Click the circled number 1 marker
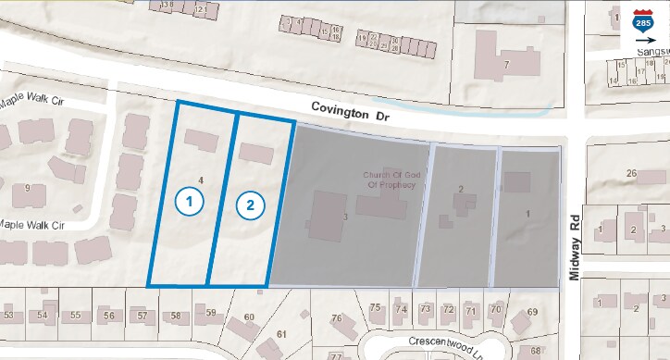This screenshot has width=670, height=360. pyautogui.click(x=189, y=200)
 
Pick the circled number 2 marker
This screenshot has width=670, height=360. pyautogui.click(x=249, y=205)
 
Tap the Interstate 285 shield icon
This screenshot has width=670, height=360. pyautogui.click(x=642, y=22)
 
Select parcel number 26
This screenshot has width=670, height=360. pyautogui.click(x=632, y=174)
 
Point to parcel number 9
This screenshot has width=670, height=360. pyautogui.click(x=28, y=188)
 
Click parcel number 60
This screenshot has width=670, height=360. pyautogui.click(x=248, y=318)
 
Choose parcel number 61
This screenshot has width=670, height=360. pyautogui.click(x=282, y=333)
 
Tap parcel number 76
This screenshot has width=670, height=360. pyautogui.click(x=337, y=318)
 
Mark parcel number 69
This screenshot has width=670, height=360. pyautogui.click(x=532, y=312)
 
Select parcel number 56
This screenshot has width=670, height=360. pyautogui.click(x=109, y=316)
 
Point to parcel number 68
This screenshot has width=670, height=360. pyautogui.click(x=536, y=352)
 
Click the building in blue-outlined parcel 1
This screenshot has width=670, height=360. pyautogui.click(x=202, y=140)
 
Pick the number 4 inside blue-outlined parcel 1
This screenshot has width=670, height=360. pyautogui.click(x=200, y=179)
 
